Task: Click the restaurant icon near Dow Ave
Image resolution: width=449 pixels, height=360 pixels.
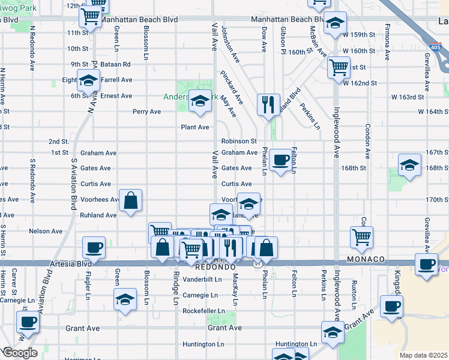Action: click(268, 104)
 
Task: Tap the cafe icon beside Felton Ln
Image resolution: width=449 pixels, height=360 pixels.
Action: click(280, 159)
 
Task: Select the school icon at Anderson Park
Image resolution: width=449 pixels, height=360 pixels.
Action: click(200, 100)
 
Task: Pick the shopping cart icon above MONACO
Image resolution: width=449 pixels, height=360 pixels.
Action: click(361, 236)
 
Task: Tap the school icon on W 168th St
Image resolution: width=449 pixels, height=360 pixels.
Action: click(409, 165)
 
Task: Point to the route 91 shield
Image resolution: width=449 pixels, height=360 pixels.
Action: click(258, 263)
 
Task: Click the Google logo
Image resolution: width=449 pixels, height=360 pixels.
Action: click(20, 353)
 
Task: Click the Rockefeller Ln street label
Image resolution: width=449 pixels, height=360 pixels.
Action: click(204, 311)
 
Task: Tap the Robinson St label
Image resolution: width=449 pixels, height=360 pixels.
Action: click(239, 142)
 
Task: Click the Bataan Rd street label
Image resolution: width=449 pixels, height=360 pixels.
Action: click(117, 64)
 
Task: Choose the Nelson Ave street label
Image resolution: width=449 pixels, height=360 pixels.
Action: click(46, 231)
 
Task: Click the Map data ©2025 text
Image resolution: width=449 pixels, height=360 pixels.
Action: click(423, 355)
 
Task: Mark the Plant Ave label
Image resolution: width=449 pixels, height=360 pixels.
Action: click(195, 127)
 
